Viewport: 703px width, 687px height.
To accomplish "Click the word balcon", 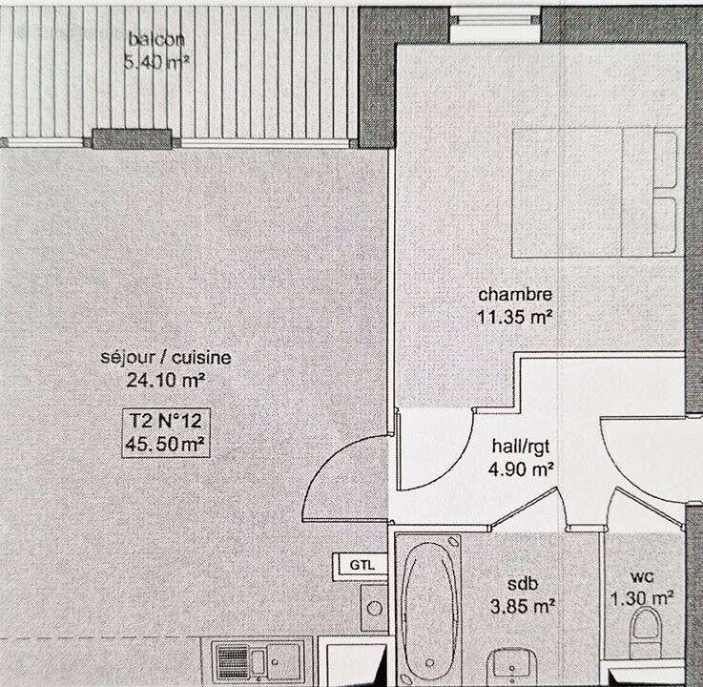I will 157,40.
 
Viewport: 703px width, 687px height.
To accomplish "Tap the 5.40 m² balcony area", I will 157,63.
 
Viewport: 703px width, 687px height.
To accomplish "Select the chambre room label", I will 515,294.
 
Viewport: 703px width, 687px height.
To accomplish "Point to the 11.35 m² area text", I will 515,316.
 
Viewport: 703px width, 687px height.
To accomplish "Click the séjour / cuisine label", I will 166,358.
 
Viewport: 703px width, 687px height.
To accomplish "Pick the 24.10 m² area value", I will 166,380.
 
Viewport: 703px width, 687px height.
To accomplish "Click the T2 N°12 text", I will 167,420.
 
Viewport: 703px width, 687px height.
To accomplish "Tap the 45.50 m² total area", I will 167,443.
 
